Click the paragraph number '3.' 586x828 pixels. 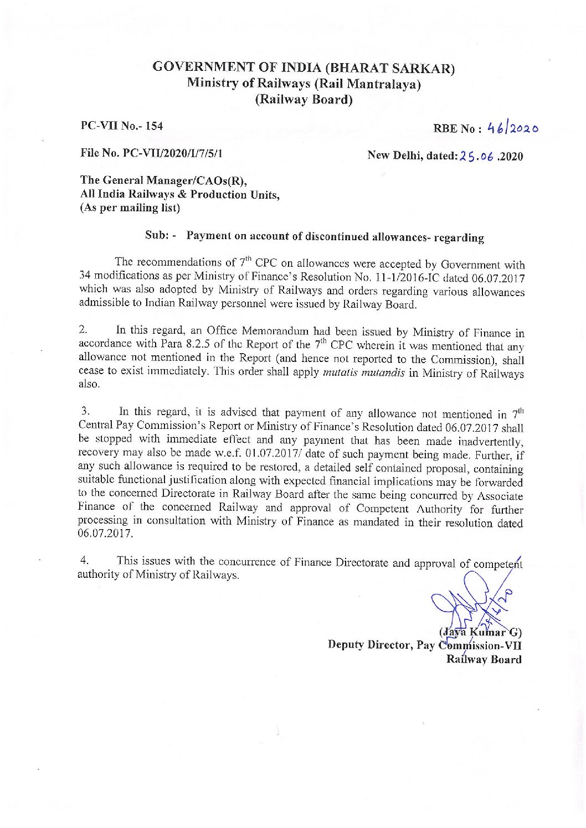pos(85,411)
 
